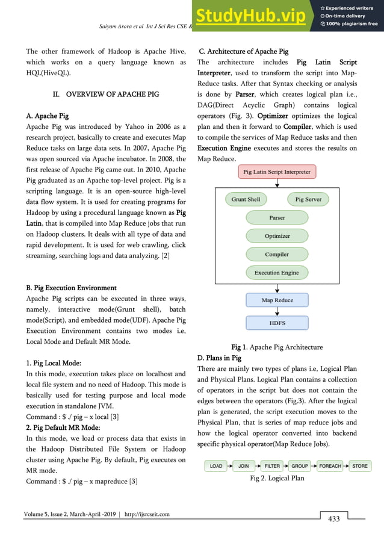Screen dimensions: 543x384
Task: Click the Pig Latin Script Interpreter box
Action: tap(277, 172)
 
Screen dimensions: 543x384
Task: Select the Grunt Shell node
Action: tap(246, 199)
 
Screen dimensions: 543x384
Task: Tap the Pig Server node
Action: tap(308, 199)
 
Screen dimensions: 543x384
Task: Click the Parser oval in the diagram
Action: tap(277, 217)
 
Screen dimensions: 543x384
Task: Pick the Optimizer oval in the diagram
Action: tap(277, 236)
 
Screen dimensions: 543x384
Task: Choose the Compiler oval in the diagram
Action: tap(277, 255)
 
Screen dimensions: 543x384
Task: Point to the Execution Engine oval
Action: tap(277, 273)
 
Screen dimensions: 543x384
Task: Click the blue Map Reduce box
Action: tap(277, 300)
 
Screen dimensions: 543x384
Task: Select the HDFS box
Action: tap(277, 323)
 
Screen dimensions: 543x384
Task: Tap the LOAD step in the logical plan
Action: tap(216, 466)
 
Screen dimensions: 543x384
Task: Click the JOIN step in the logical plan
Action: tap(244, 466)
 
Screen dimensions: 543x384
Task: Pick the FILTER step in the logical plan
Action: tap(273, 466)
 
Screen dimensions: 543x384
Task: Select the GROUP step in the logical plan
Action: tap(300, 466)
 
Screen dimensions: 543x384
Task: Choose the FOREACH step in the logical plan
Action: tap(330, 466)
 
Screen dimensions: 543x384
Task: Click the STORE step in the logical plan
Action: tap(360, 466)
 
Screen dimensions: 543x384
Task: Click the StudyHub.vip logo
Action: tap(255, 16)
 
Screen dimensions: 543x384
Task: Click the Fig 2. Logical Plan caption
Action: tap(277, 479)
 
